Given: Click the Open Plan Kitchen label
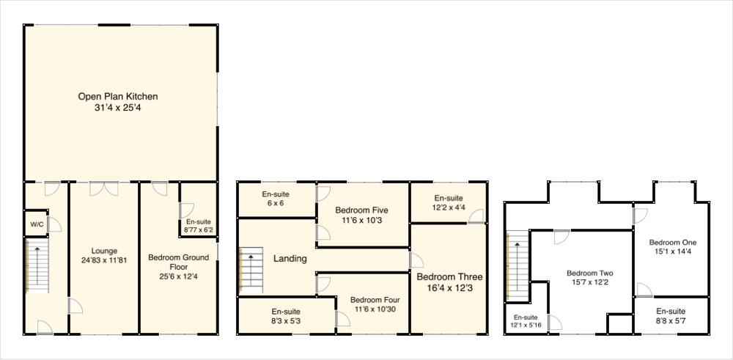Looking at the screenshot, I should [x=118, y=96].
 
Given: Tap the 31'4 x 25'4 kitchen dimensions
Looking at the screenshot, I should [x=118, y=108].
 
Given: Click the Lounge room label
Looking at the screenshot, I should [x=105, y=251].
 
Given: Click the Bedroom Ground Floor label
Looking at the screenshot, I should [x=178, y=262].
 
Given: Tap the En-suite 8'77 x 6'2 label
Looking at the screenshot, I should [x=199, y=226].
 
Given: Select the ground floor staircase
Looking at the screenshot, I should [x=37, y=267].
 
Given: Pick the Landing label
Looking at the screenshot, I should [x=290, y=258].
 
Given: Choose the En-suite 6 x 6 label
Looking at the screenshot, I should [x=276, y=199].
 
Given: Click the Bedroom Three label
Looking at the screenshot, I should [x=449, y=277].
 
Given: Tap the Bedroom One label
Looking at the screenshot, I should [x=672, y=242].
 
